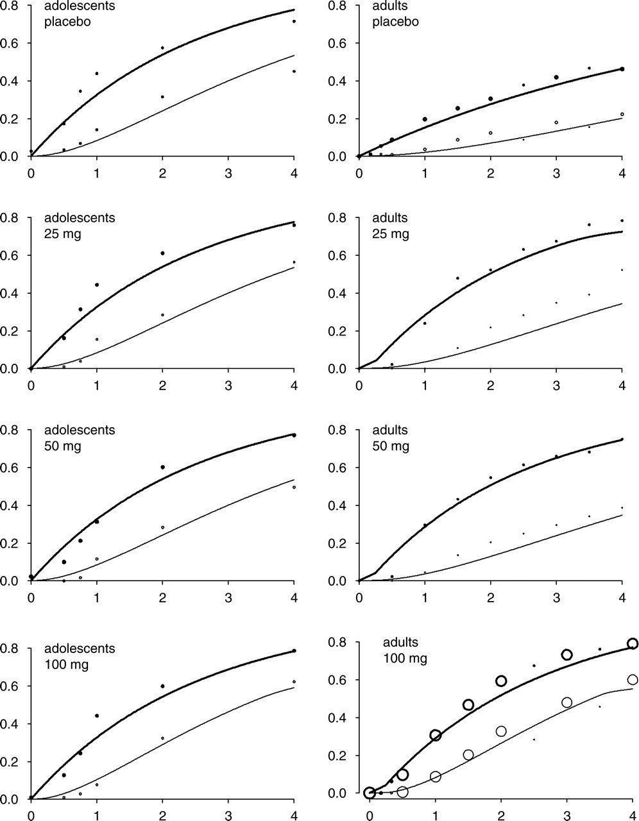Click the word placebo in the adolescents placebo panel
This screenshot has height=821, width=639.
pos(67,22)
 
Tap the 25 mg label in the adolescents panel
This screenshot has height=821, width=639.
pos(63,234)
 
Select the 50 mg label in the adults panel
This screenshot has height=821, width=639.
pos(391,446)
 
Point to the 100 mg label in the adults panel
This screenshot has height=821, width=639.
pos(405,659)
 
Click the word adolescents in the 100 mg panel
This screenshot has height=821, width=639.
pos(80,648)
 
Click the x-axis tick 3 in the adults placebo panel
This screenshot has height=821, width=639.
pos(556,173)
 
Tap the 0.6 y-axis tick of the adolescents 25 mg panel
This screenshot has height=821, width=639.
pos(10,255)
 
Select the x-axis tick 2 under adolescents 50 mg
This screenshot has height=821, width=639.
pos(162,598)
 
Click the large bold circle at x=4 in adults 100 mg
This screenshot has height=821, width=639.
pos(633,643)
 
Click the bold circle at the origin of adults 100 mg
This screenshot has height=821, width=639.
pos(370,793)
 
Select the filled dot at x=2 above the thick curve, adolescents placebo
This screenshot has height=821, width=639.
pos(162,48)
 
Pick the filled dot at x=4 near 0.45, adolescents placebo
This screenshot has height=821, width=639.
pos(294,71)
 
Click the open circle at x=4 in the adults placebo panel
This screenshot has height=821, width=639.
pos(622,114)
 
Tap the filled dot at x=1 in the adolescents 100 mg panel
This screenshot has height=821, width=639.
pos(97,716)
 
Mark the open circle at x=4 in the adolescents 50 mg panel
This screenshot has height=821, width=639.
pos(294,487)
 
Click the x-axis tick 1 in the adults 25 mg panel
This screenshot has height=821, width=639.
pos(425,385)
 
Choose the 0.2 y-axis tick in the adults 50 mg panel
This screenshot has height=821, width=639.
pos(337,543)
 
